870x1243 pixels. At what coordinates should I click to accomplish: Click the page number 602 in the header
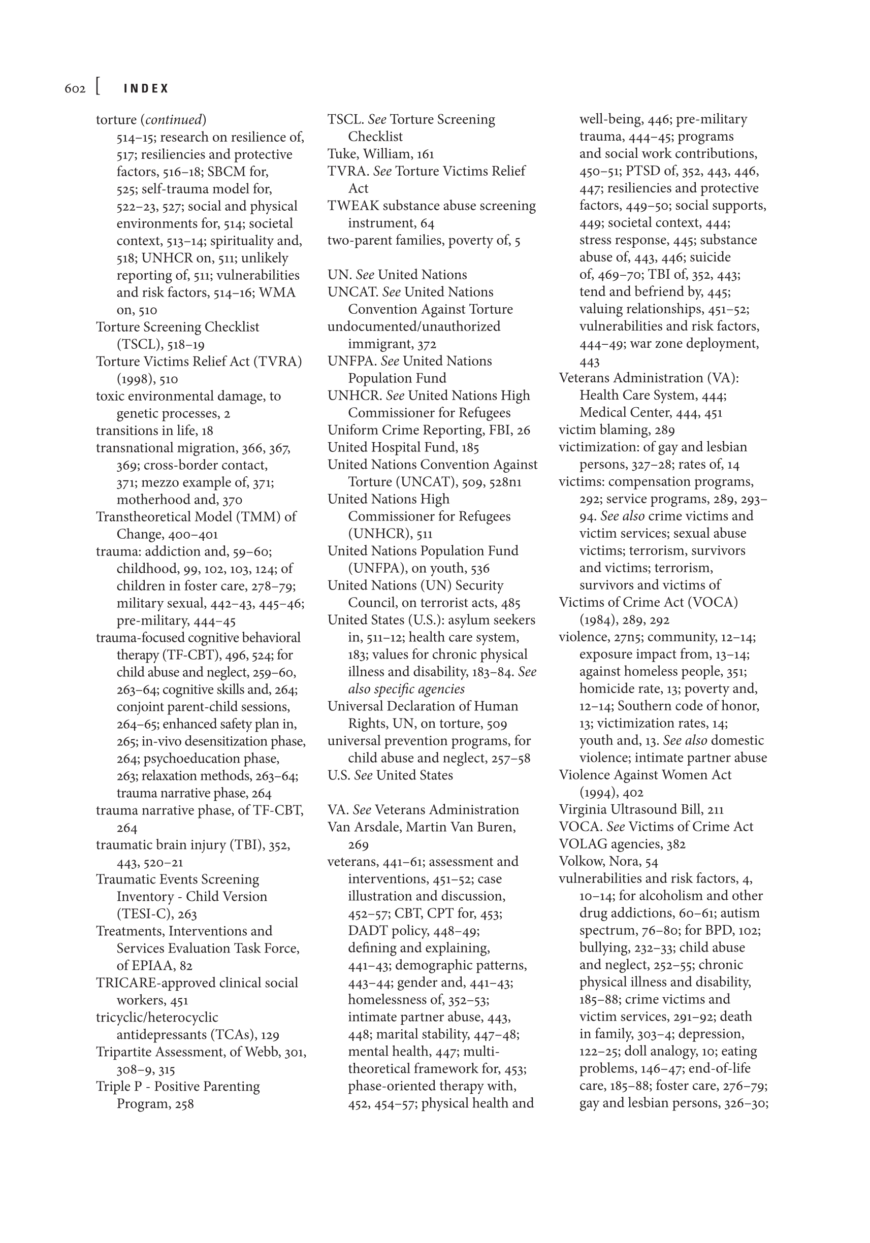click(x=75, y=88)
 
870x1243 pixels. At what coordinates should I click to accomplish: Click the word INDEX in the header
click(x=146, y=88)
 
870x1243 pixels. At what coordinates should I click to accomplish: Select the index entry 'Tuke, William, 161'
click(x=380, y=154)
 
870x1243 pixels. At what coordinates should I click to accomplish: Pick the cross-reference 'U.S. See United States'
click(x=390, y=775)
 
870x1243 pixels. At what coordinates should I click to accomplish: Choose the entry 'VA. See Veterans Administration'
click(x=423, y=809)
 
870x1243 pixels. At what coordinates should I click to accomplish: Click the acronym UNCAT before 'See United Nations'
click(x=352, y=292)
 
